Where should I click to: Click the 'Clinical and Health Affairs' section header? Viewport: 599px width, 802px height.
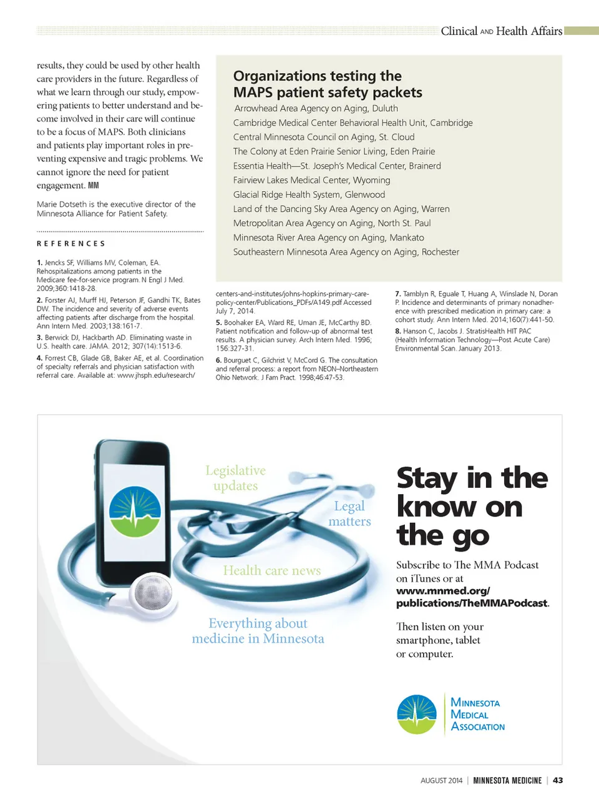click(x=501, y=31)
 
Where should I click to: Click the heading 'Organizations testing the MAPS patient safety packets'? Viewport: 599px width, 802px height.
click(x=328, y=84)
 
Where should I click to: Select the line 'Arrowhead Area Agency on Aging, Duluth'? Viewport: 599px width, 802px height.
click(x=316, y=108)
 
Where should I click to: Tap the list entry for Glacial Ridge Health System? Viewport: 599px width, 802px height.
click(x=309, y=194)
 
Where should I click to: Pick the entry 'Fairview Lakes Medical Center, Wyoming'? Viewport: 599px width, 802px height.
click(x=311, y=180)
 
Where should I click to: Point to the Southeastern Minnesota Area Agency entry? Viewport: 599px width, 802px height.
click(x=346, y=252)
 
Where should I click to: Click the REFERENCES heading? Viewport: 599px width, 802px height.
click(x=71, y=244)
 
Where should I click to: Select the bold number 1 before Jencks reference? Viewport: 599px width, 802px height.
click(x=39, y=263)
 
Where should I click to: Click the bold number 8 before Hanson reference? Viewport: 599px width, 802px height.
click(x=397, y=331)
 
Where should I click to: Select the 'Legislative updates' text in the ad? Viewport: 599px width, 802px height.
click(x=235, y=478)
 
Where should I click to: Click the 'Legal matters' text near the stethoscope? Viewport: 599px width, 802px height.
click(x=349, y=513)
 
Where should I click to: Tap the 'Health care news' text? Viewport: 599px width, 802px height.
click(x=272, y=570)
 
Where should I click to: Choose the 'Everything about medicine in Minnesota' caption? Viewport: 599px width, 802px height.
click(x=258, y=631)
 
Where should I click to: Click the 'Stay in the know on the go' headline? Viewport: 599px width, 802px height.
click(x=472, y=507)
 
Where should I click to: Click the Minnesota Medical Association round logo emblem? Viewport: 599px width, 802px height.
click(x=417, y=714)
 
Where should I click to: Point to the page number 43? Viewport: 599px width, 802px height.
click(x=558, y=780)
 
